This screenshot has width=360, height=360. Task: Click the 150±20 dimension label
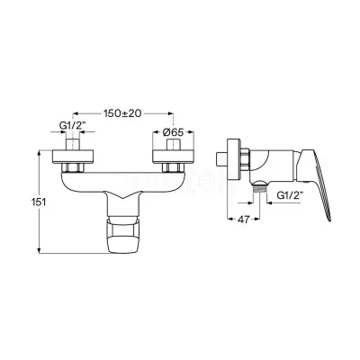(122, 113)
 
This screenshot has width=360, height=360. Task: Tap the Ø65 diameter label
(173, 131)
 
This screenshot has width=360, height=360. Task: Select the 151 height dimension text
(39, 202)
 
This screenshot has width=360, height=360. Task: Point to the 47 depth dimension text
(243, 220)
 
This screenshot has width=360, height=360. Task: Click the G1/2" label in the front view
(72, 126)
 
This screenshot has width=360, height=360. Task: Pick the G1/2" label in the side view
(290, 195)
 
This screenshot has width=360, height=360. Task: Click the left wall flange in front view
(73, 157)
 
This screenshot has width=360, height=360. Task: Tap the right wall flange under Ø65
(174, 157)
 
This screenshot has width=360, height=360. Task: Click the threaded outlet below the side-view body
(260, 189)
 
